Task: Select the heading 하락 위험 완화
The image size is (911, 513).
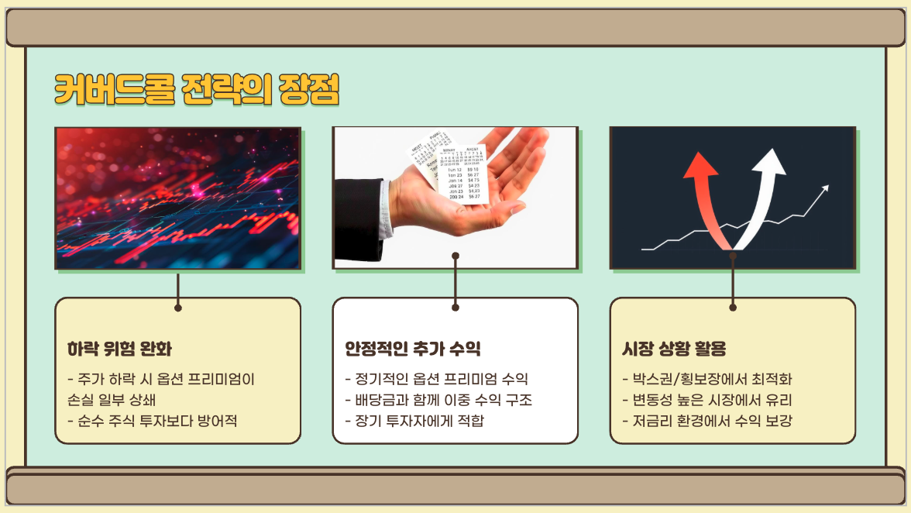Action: pos(119,349)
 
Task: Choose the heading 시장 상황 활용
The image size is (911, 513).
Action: pos(674,349)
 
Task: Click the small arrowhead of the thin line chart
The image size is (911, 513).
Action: pos(826,188)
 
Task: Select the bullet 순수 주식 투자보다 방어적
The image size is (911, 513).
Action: pos(153,422)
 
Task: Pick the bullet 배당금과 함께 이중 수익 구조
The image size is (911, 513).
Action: pos(438,401)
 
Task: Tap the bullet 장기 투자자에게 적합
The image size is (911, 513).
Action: pos(414,422)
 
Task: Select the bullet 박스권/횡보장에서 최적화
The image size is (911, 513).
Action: pos(707,380)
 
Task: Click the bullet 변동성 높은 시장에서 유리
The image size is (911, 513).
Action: pos(707,401)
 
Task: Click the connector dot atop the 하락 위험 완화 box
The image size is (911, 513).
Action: pos(178,308)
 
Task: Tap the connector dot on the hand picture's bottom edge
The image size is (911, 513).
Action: pos(456,255)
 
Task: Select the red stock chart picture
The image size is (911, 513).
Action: pos(177,198)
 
